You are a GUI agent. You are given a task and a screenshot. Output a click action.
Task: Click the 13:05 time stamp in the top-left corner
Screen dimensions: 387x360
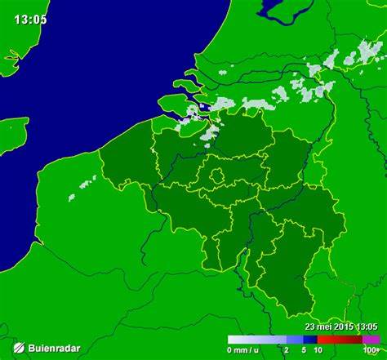coord(30,19)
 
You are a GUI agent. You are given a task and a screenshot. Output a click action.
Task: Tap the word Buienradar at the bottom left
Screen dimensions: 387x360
coord(54,349)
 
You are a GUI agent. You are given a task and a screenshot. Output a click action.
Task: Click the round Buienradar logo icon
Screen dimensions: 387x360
coord(16,348)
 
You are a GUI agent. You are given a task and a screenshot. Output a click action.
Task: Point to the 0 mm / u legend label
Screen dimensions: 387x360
coord(244,350)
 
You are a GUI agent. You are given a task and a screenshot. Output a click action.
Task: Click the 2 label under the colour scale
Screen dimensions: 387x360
coord(286,350)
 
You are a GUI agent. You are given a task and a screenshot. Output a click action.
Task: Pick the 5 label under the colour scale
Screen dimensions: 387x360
coord(303,350)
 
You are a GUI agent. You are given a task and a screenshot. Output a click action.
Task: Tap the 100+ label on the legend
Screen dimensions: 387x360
coord(371,350)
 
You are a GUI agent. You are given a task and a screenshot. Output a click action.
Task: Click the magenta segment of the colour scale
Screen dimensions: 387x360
coord(371,339)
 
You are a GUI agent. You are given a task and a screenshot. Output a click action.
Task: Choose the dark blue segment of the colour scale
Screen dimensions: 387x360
coord(310,339)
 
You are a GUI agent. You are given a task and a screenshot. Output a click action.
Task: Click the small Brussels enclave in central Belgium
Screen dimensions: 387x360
coord(218,176)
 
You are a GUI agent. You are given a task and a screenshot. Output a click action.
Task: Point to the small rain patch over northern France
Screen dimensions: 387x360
coord(82,187)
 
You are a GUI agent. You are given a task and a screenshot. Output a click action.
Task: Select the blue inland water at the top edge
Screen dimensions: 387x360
coord(282,10)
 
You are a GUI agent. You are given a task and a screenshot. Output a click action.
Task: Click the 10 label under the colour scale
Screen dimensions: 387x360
coord(318,350)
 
